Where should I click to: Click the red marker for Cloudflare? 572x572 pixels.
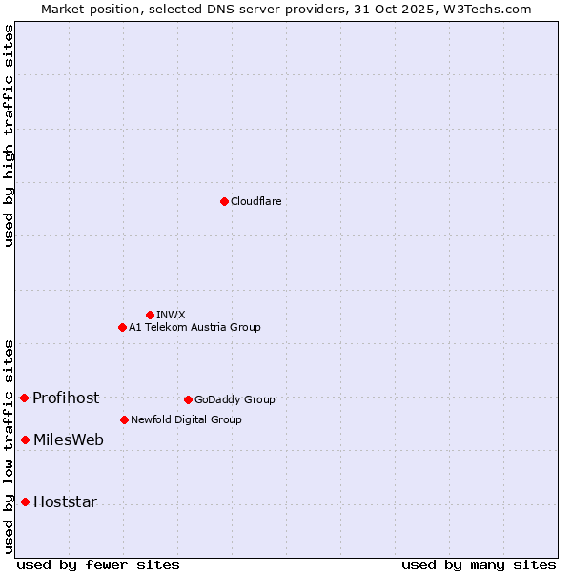pos(224,201)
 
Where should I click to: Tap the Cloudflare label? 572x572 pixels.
pos(255,201)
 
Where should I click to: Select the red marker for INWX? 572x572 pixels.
pos(150,315)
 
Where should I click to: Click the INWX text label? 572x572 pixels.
pos(171,315)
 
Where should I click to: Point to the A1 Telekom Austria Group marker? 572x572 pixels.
pos(122,327)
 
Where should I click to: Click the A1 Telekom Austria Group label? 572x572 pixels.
pos(194,327)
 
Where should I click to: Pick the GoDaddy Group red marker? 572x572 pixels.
pos(188,399)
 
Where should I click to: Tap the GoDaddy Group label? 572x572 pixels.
pos(235,399)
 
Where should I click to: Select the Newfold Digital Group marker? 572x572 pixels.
pos(124,419)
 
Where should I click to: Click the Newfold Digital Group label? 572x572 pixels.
pos(186,419)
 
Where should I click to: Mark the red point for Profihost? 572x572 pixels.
pos(24,398)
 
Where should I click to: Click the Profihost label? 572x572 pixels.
pos(66,398)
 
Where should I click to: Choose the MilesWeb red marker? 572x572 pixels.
pos(25,439)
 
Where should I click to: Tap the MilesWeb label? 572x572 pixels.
pos(69,439)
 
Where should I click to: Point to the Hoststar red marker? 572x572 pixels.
pos(25,501)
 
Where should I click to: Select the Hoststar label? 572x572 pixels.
pos(65,501)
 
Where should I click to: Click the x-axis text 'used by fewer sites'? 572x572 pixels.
pos(98,564)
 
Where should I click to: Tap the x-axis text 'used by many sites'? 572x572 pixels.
pos(479,564)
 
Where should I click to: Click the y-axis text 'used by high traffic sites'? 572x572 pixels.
pos(9,135)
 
